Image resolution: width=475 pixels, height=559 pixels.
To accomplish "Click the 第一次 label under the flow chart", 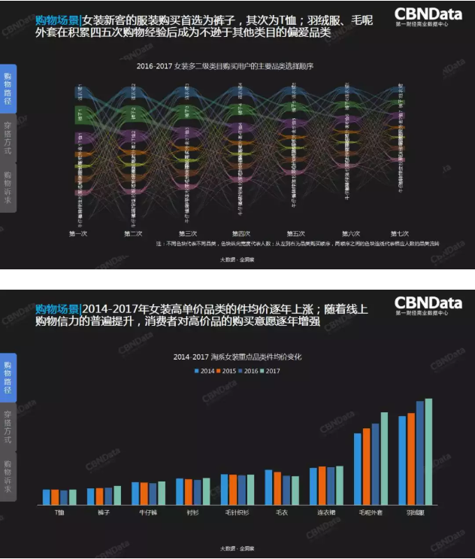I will pos(78,233).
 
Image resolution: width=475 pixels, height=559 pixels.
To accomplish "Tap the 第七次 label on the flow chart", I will pos(401,233).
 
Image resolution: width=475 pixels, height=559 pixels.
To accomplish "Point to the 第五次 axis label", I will pos(296,233).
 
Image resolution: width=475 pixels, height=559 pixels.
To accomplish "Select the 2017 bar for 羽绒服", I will pos(428,451).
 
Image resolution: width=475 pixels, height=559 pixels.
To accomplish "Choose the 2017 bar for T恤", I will pos(73,497).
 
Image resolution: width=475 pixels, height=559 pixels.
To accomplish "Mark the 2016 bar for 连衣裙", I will pos(331,485).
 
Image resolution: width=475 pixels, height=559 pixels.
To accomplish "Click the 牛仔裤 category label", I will pos(148,512).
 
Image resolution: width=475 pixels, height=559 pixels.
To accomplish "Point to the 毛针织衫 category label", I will pos(237,512).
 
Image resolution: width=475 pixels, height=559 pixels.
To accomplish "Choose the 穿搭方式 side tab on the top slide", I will pos(8,140).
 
